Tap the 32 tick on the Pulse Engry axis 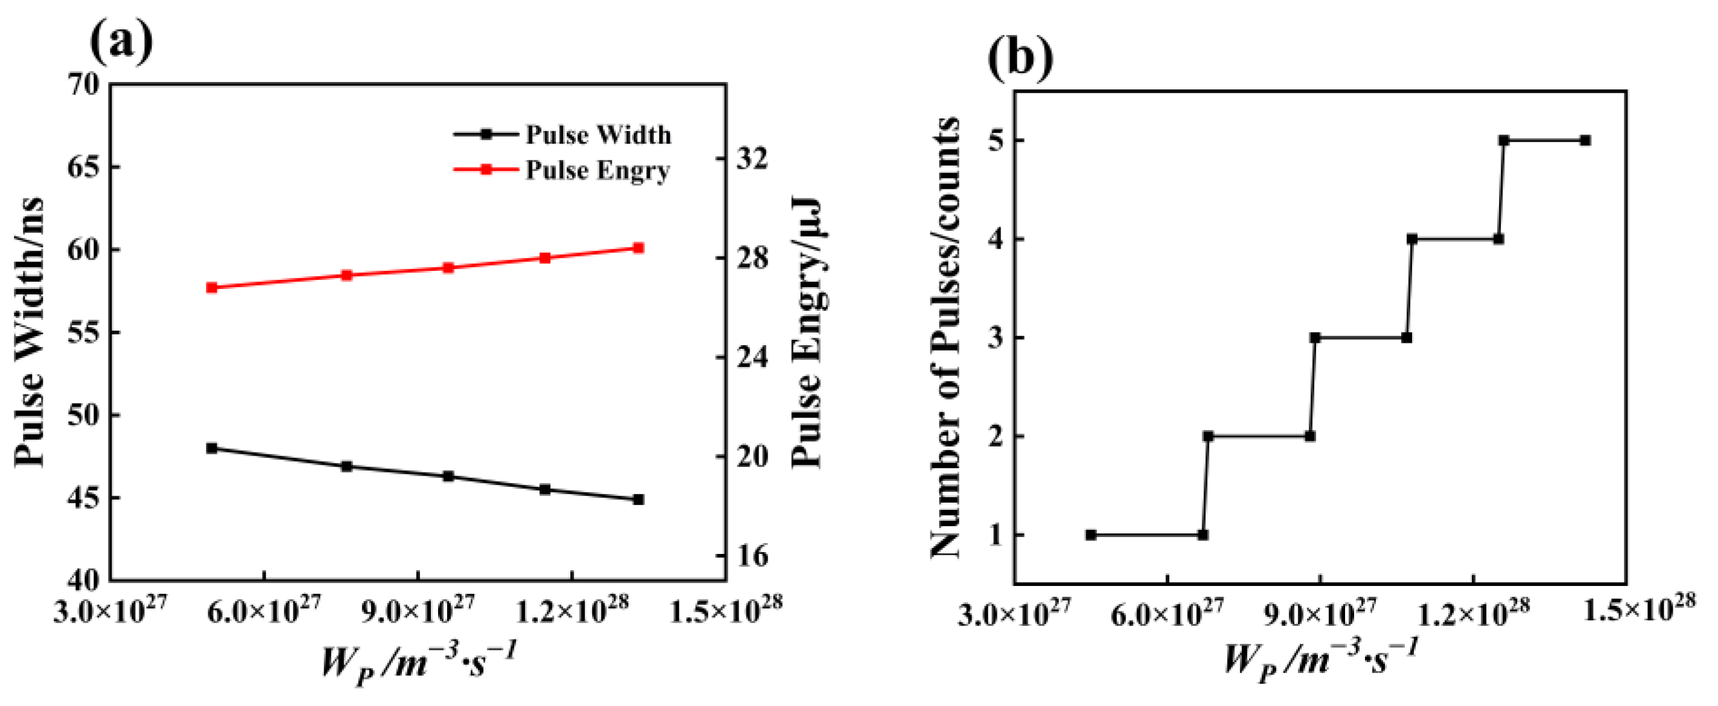(752, 159)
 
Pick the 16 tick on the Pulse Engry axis (752, 556)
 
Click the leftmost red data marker (212, 287)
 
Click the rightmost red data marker (638, 248)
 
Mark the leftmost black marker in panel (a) (212, 448)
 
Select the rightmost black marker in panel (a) (638, 500)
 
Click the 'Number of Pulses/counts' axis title (945, 337)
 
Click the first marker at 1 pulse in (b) (1091, 535)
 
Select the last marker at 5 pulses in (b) (1586, 141)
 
